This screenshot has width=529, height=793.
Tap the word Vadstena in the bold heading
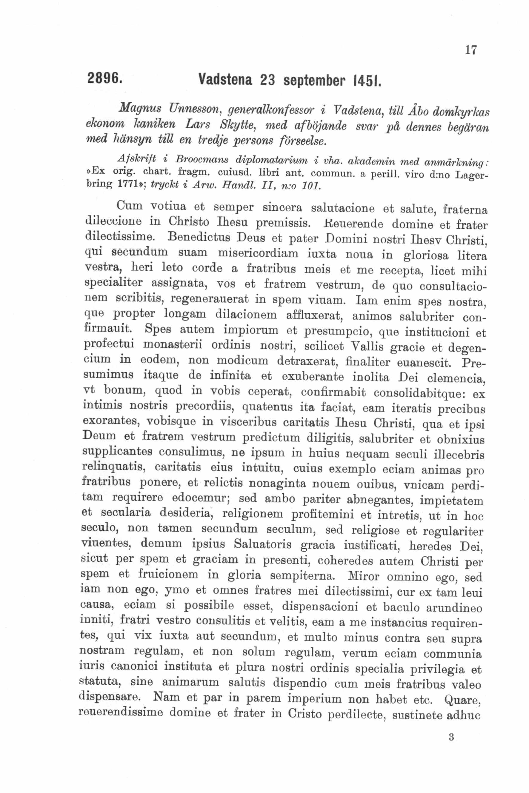click(x=225, y=80)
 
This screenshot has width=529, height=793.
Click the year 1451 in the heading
click(x=366, y=81)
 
